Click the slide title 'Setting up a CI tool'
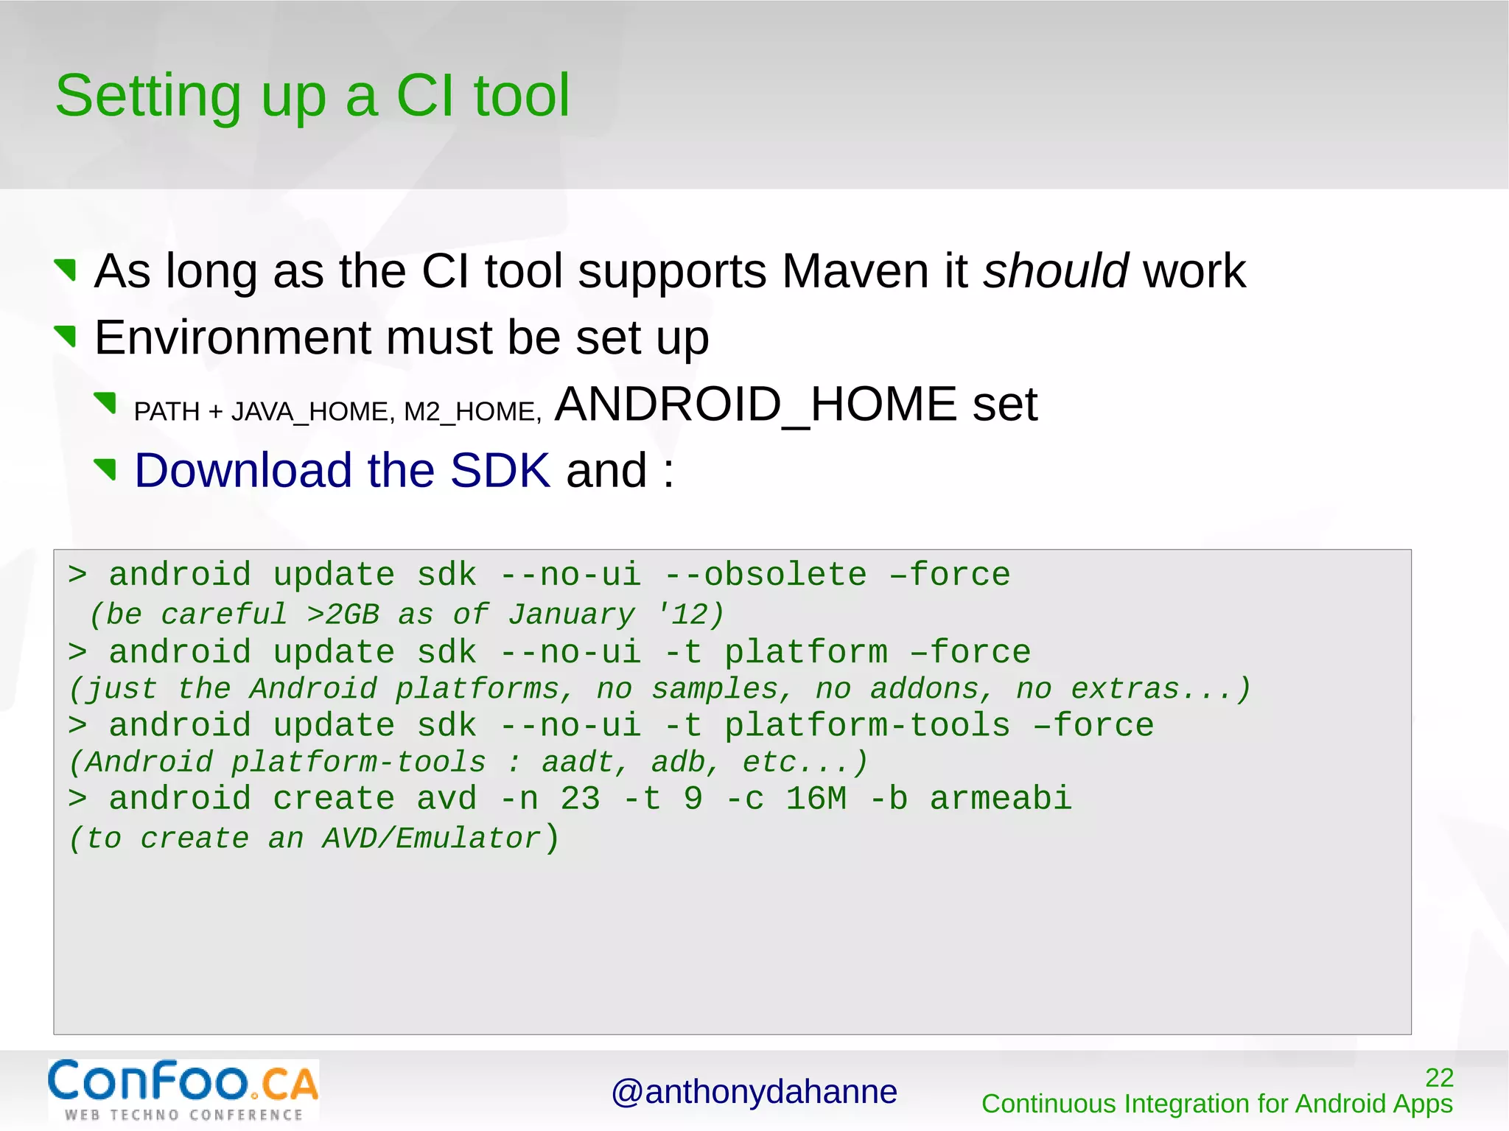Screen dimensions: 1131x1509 point(312,96)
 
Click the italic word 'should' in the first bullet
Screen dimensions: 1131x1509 point(1054,271)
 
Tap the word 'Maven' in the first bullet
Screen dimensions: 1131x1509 point(855,271)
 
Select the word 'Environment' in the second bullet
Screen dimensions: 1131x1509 point(233,338)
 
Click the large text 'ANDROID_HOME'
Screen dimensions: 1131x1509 point(755,405)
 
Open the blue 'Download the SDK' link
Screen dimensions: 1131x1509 point(342,471)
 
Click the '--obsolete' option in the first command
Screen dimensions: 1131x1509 point(766,575)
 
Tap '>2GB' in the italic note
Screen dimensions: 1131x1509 point(343,614)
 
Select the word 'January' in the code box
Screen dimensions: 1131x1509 point(571,614)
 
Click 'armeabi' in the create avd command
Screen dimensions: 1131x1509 point(1001,799)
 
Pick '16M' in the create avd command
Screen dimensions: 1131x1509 point(816,799)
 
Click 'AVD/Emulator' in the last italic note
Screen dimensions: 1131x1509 point(432,839)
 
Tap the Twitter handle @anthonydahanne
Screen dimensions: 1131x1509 point(754,1092)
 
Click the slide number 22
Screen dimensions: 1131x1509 point(1439,1078)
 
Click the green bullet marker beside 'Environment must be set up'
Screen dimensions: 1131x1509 point(66,337)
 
